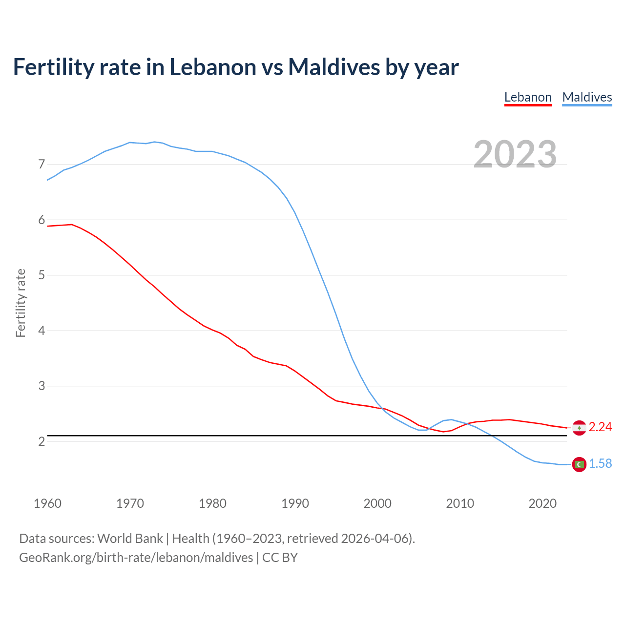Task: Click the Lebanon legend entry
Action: [x=528, y=97]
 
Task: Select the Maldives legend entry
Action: [x=587, y=97]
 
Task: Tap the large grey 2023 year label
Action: [x=515, y=154]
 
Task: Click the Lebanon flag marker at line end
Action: [x=579, y=428]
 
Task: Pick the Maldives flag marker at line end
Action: [x=579, y=464]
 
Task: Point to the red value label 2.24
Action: [x=600, y=427]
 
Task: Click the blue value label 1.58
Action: [x=600, y=464]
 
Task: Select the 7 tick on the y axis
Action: [x=42, y=165]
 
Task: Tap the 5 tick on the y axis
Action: [x=42, y=275]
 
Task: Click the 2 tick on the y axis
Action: [x=42, y=441]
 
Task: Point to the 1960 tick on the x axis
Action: [x=47, y=503]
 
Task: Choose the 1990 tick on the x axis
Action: [x=295, y=503]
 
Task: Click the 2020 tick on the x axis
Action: [x=542, y=503]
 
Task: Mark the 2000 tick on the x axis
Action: [x=377, y=503]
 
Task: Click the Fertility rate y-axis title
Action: [x=21, y=303]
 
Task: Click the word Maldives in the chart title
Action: [x=333, y=67]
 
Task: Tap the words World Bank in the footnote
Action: [x=130, y=539]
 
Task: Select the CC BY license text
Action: [x=280, y=558]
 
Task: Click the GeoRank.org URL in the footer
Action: [x=136, y=558]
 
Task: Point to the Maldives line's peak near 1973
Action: [x=154, y=142]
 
